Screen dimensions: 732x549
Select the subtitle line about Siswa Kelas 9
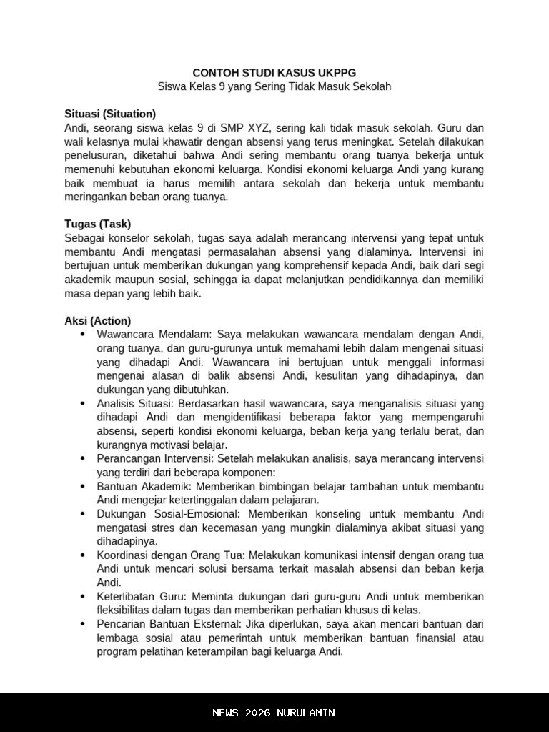click(274, 86)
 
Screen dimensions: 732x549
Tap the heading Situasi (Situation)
click(110, 114)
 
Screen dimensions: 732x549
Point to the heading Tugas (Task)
click(97, 224)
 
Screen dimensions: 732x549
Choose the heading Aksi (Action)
click(97, 321)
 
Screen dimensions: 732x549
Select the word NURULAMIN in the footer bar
click(307, 713)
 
